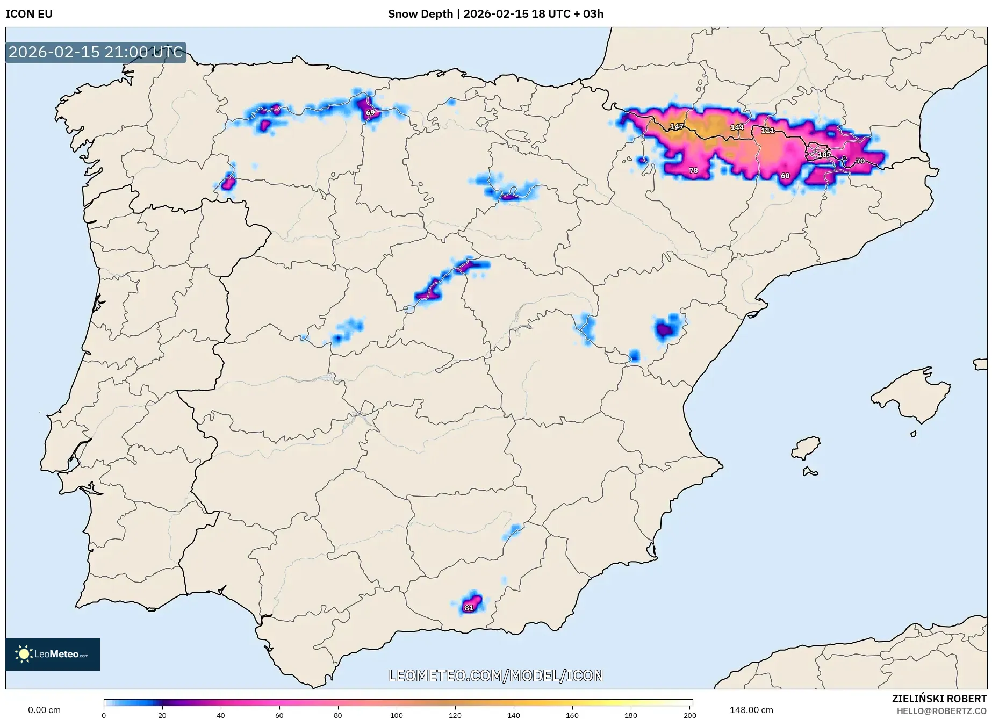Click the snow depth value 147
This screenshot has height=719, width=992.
[677, 127]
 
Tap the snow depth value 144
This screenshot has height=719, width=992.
[737, 127]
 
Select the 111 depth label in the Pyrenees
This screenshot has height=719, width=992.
[767, 131]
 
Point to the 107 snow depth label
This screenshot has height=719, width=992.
[824, 155]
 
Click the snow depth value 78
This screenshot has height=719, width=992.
[693, 171]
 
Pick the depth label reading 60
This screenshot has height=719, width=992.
[785, 176]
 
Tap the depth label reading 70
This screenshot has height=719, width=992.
[860, 161]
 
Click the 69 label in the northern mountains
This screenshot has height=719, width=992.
[370, 113]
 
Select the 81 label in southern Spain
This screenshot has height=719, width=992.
[469, 608]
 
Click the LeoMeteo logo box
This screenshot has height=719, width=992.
[53, 654]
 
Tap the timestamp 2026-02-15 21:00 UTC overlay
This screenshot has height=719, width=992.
[96, 52]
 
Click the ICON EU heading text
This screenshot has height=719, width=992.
[29, 14]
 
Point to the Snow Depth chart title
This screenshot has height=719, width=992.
[495, 14]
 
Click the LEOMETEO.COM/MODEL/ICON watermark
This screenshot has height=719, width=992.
[495, 675]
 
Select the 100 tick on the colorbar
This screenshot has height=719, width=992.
[396, 715]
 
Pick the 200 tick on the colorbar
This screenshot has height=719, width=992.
[689, 715]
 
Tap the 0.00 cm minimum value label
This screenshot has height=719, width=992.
[44, 710]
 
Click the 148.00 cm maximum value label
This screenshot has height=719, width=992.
[751, 710]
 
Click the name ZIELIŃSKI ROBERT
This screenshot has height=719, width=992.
[939, 699]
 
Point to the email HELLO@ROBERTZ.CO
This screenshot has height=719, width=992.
[941, 711]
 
